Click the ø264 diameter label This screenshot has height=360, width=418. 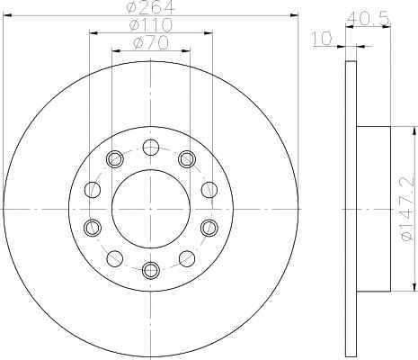pyautogui.click(x=150, y=7)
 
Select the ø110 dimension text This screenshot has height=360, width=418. pyautogui.click(x=151, y=25)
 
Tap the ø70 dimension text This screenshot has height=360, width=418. pyautogui.click(x=151, y=43)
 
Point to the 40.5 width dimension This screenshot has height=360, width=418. pyautogui.click(x=368, y=18)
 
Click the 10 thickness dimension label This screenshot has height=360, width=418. pyautogui.click(x=322, y=39)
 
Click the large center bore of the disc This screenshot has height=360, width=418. pyautogui.click(x=151, y=209)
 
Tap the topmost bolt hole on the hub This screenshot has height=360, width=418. pyautogui.click(x=150, y=148)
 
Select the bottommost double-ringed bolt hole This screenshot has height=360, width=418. pyautogui.click(x=151, y=270)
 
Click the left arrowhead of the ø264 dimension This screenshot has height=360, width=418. pyautogui.click(x=6, y=15)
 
